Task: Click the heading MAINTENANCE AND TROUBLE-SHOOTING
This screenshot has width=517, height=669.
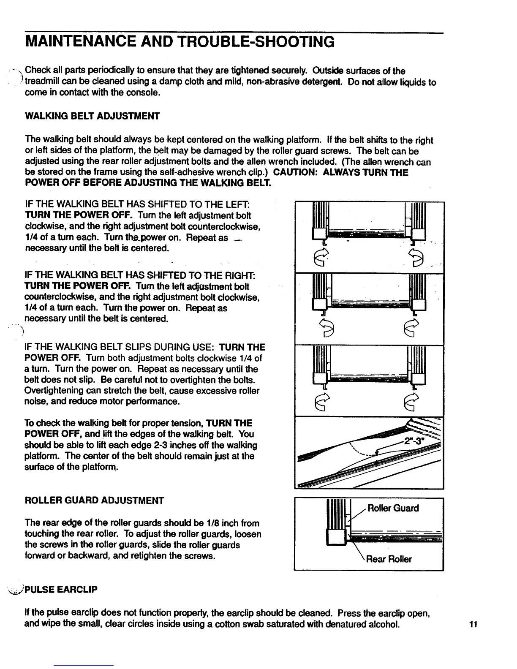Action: (180, 42)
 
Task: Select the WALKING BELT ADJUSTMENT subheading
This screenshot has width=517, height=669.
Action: (92, 116)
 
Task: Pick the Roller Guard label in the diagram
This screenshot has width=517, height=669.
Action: (393, 508)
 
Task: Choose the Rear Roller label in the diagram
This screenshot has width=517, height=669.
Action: (389, 559)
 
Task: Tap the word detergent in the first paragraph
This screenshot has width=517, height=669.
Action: (324, 82)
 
